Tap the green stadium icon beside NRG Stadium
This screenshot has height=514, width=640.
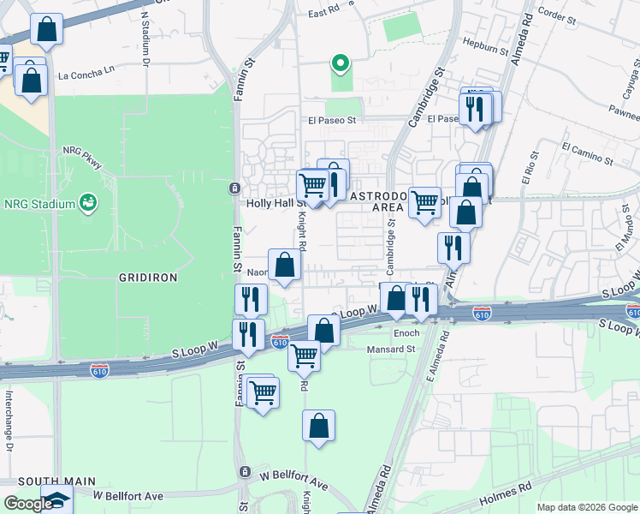(86, 203)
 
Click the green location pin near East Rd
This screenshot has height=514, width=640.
(340, 63)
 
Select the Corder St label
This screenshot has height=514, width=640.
(557, 15)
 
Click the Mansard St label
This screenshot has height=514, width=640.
(392, 349)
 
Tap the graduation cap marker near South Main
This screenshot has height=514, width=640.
(57, 500)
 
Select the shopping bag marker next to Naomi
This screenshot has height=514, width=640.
(285, 266)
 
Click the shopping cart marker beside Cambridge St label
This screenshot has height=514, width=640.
(424, 203)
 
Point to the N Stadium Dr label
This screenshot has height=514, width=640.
(145, 39)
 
